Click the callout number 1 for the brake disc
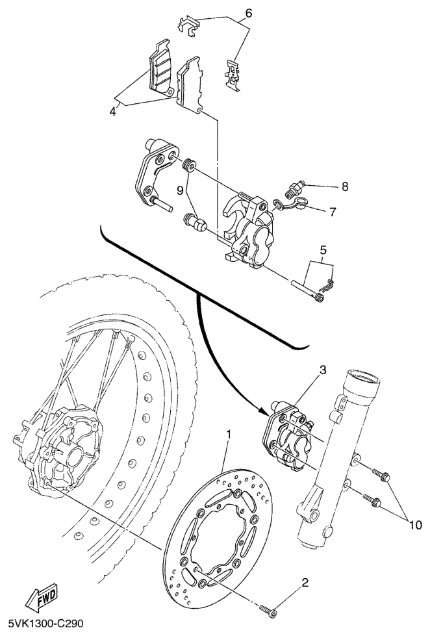229,435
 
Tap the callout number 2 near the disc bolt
305,583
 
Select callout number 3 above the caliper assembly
323,370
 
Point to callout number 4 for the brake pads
113,111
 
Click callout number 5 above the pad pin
323,250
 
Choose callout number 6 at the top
248,14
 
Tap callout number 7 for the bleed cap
333,212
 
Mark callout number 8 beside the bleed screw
345,186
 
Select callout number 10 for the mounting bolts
416,526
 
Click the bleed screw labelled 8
296,188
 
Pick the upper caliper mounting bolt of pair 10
381,474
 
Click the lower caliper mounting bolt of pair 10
372,500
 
